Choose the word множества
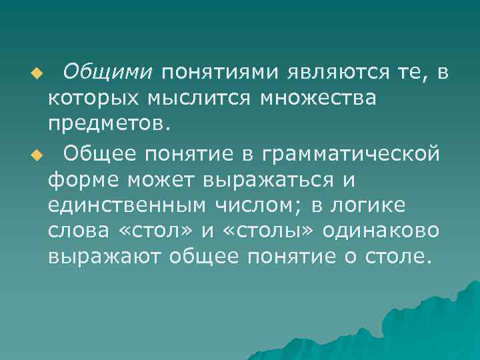point(318,98)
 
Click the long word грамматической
point(351,153)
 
